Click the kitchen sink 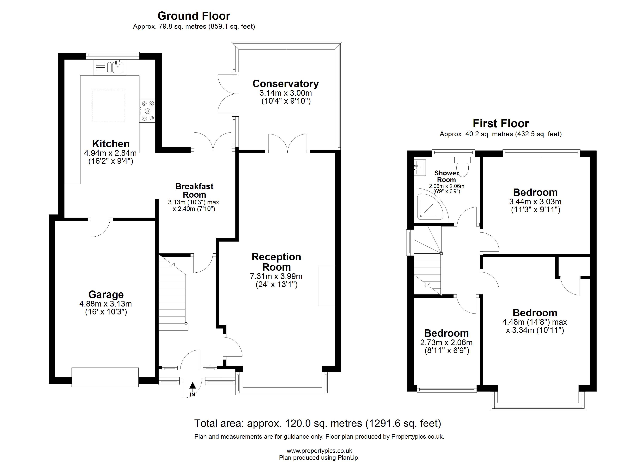[x=110, y=67]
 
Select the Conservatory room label [x=286, y=84]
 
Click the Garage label [x=106, y=294]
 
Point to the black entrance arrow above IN [x=192, y=386]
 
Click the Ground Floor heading [x=194, y=16]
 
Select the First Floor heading [x=501, y=123]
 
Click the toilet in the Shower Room [x=462, y=166]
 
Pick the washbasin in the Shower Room [x=420, y=168]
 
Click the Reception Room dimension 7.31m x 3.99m [x=276, y=276]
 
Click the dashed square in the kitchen [x=109, y=106]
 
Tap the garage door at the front [x=105, y=377]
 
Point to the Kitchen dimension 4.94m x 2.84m [x=110, y=153]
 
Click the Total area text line [x=318, y=423]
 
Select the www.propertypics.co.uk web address [x=319, y=451]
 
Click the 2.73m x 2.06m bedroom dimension [x=446, y=342]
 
